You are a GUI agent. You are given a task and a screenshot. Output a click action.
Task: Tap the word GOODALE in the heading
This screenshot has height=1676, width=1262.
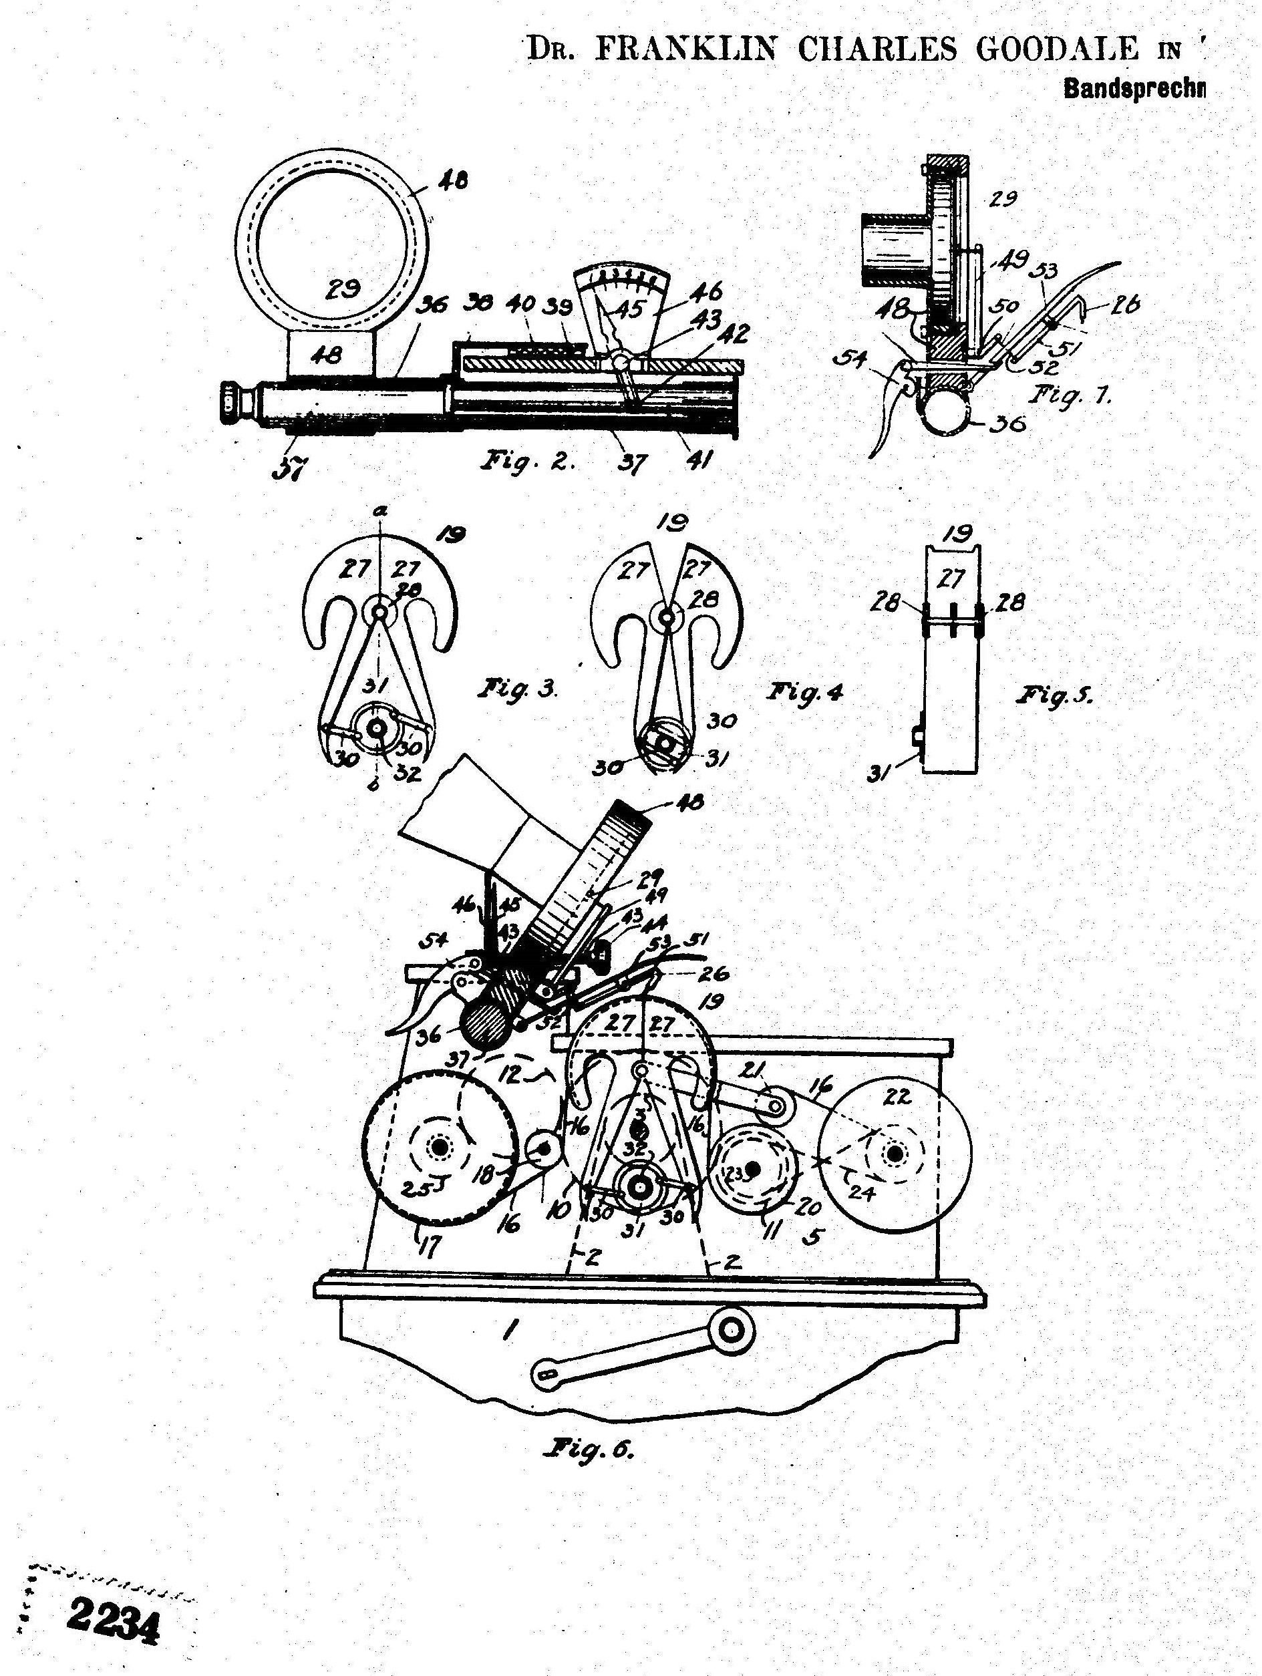click(1058, 50)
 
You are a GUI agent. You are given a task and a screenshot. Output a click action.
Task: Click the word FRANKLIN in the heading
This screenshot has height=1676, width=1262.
click(686, 50)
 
